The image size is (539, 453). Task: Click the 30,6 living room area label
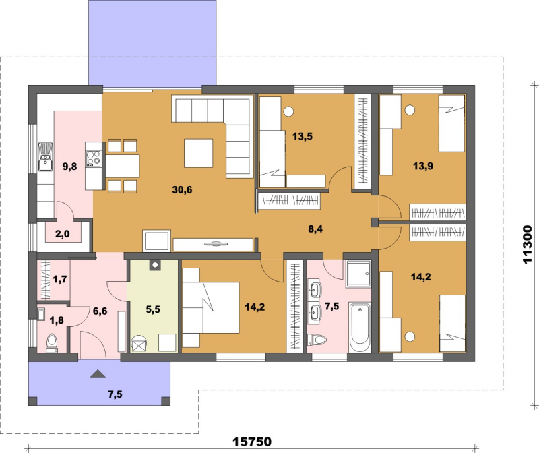[x=182, y=189]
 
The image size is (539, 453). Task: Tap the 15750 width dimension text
[x=252, y=442]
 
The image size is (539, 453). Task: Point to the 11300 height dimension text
[x=527, y=245]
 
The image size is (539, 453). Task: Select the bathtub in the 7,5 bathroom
[x=360, y=327]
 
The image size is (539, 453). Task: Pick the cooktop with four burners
[x=94, y=159]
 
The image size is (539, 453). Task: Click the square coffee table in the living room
[x=198, y=153]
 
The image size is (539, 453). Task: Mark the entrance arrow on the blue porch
[x=98, y=374]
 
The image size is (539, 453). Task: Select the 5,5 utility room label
[x=153, y=309]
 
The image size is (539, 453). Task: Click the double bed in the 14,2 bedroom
[x=210, y=307]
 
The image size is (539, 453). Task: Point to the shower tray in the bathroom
[x=359, y=274]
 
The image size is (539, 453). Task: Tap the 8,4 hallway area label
[x=315, y=229]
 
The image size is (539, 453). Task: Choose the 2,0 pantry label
[x=62, y=234]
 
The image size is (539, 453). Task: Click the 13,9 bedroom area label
[x=423, y=166]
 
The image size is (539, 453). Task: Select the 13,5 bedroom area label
[x=303, y=137]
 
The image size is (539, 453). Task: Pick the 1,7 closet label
[x=60, y=279]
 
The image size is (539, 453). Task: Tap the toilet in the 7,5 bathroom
[x=317, y=340]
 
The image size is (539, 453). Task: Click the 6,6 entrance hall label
[x=100, y=311]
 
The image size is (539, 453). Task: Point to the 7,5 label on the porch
[x=115, y=394]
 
